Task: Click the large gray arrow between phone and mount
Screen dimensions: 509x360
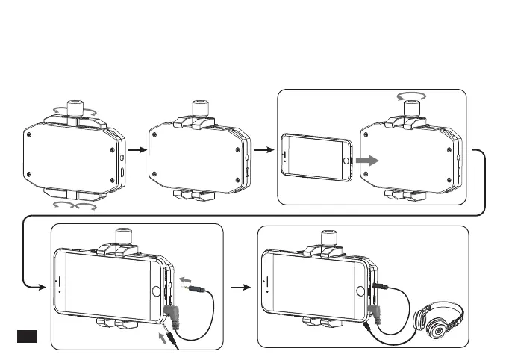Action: (x=366, y=160)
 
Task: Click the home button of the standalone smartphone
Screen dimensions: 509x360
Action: (x=346, y=161)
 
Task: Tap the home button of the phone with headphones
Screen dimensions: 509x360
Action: (x=361, y=288)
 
